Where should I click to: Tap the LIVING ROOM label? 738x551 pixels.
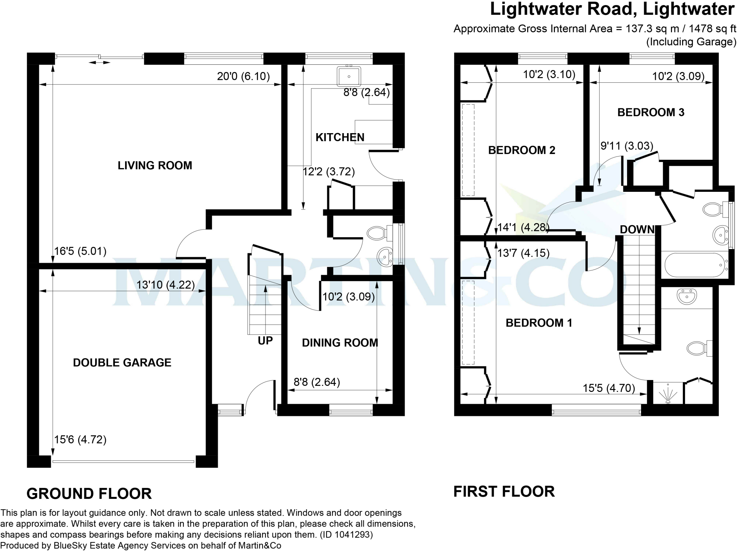155,166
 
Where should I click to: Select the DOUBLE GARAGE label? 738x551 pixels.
122,362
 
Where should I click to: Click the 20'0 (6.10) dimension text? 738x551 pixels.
243,76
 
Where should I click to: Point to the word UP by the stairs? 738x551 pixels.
265,340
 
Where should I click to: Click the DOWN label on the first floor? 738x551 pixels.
637,229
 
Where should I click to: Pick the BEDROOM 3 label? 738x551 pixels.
651,112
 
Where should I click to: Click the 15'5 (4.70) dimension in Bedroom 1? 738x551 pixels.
609,388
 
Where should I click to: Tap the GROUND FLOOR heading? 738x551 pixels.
89,494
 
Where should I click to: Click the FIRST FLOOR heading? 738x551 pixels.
504,492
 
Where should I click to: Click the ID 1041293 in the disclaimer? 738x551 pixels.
346,535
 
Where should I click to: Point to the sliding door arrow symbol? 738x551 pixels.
100,63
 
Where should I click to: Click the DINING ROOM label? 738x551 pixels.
340,343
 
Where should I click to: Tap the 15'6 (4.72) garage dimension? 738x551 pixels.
80,439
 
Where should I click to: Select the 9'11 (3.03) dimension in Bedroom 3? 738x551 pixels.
627,146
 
